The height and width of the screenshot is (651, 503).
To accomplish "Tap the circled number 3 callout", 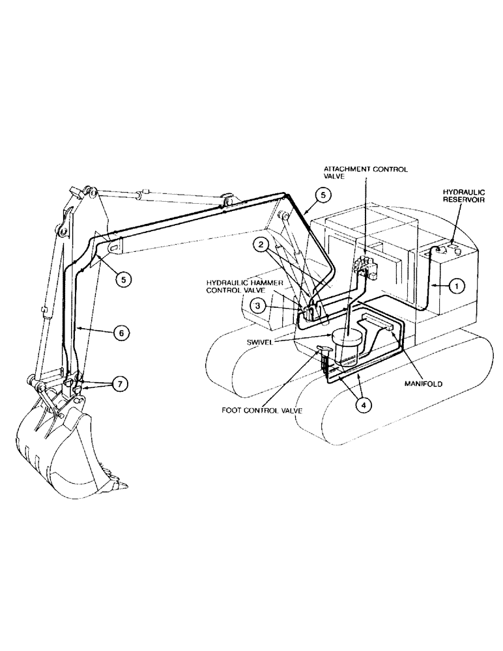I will point(259,305).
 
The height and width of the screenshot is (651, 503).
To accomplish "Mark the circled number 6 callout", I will point(120,332).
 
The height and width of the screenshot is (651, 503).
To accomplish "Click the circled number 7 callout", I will point(119,384).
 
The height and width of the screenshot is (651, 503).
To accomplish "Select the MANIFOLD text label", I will point(422,384).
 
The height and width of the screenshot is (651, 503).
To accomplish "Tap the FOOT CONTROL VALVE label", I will point(262,411).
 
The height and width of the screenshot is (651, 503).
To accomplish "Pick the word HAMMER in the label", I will point(265,283).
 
